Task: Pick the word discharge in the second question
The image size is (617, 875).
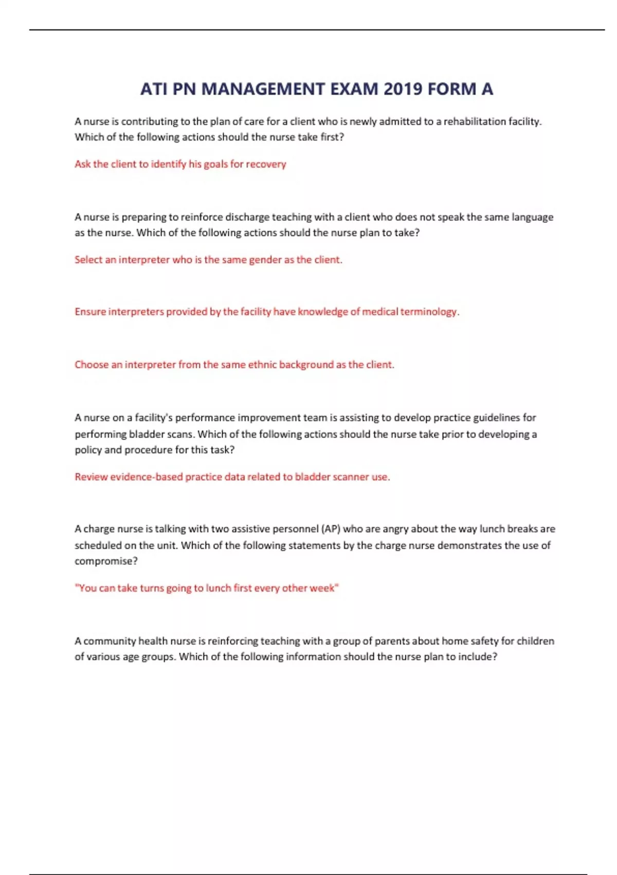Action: (x=247, y=217)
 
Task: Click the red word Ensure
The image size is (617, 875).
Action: (x=90, y=312)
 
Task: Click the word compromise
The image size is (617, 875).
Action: (x=106, y=562)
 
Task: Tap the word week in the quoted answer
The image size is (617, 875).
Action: (x=322, y=588)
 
